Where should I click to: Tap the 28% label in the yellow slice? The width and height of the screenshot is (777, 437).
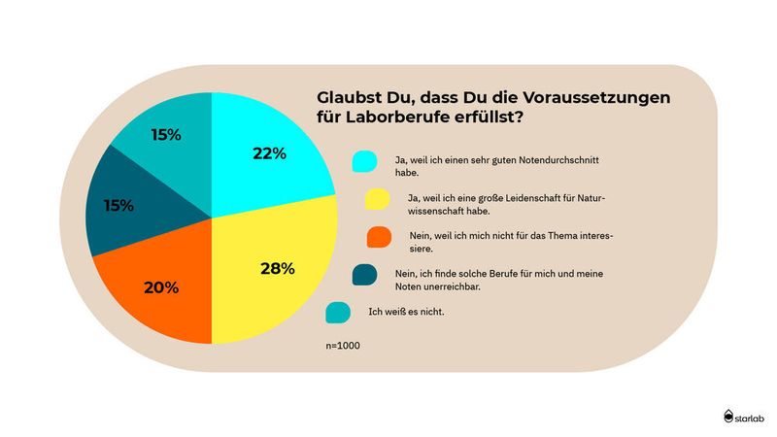(277, 268)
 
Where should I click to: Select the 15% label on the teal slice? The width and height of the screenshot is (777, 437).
(165, 135)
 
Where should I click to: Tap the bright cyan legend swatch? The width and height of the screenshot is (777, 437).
(364, 161)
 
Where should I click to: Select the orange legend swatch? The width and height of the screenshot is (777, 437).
(378, 237)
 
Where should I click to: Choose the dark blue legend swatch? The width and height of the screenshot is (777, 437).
(365, 277)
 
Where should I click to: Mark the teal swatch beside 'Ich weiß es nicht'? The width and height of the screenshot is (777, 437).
(338, 313)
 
